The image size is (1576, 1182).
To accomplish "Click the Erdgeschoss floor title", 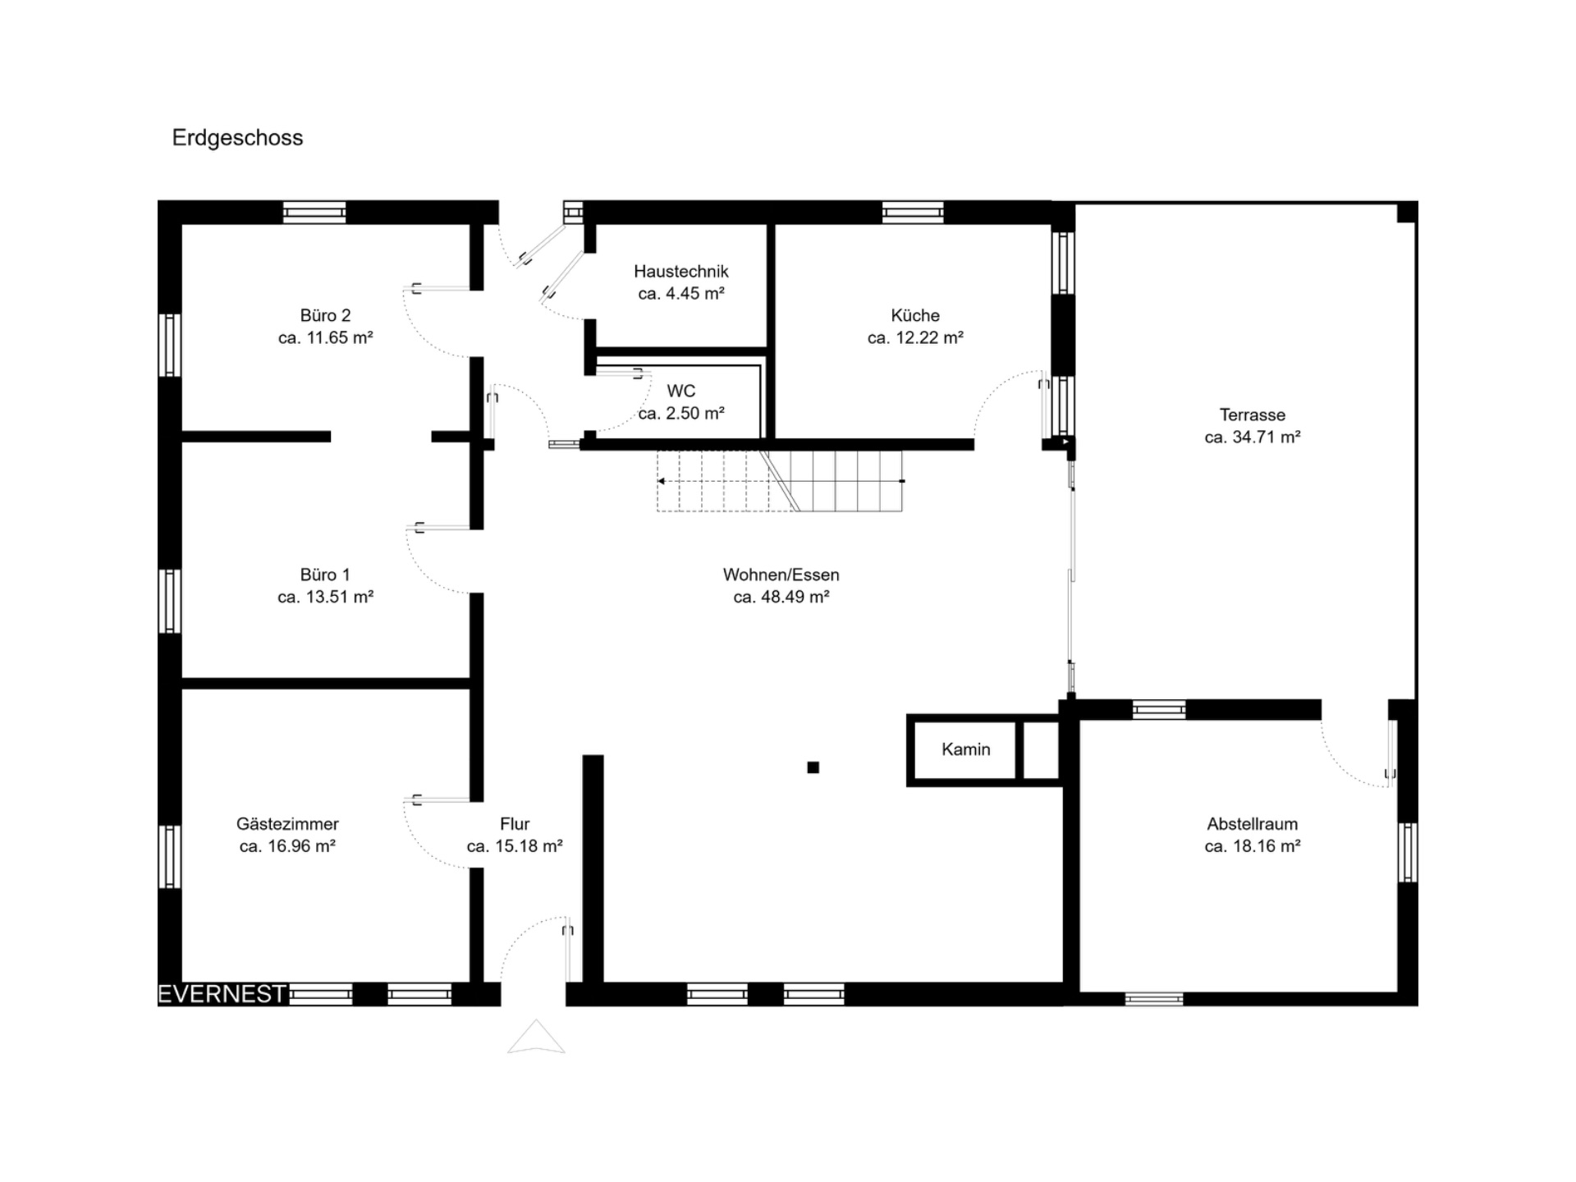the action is (237, 138).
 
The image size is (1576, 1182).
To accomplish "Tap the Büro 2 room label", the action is (325, 315).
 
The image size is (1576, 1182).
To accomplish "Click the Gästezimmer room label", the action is (287, 824).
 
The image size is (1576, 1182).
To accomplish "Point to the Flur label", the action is (515, 824).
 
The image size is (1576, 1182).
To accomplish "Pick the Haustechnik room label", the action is (681, 272).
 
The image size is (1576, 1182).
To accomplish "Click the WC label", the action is (681, 392).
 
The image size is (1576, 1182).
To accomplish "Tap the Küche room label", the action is (915, 315).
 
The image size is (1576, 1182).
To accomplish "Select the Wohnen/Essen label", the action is (781, 575).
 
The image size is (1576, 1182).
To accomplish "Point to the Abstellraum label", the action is (1253, 824).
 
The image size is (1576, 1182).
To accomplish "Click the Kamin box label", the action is (966, 749).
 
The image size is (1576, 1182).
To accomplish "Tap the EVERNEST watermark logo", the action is (222, 994).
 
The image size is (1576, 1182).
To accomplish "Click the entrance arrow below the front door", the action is (536, 1037).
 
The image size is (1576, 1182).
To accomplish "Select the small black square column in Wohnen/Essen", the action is (813, 767).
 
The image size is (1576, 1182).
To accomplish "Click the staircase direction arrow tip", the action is (660, 481).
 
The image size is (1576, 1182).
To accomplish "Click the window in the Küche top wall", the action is (913, 213).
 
